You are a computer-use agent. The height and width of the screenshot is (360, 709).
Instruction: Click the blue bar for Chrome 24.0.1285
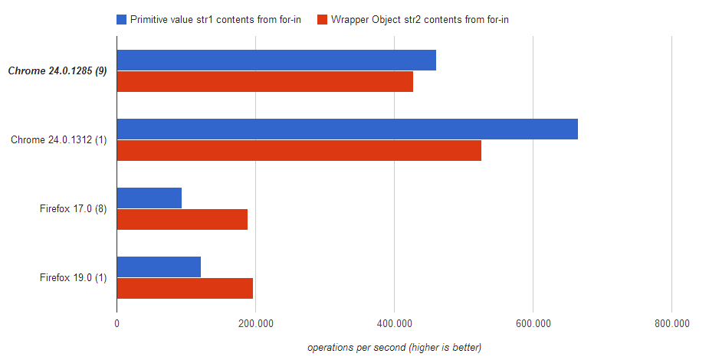point(276,61)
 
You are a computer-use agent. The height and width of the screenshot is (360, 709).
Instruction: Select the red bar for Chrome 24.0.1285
point(264,82)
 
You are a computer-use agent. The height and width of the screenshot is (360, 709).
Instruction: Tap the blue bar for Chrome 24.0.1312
point(346,129)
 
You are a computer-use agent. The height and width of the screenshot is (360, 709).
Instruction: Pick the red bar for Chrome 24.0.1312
point(299,151)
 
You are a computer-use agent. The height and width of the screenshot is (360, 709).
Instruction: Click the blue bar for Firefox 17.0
point(149,198)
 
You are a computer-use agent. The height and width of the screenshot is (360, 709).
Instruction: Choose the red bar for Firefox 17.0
point(182,220)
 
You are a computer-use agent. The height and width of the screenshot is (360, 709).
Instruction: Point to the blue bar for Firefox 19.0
point(159,267)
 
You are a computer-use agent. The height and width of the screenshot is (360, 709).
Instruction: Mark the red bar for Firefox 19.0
point(185,289)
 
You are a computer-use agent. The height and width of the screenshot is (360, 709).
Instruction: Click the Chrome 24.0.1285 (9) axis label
point(57,71)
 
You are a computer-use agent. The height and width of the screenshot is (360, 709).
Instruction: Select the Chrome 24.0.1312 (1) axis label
point(58,140)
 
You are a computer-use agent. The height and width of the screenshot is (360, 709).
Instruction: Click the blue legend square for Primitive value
point(122,19)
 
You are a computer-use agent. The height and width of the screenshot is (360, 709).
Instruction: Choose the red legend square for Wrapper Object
point(321,19)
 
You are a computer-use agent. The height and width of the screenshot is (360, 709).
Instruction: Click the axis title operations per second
point(394,348)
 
